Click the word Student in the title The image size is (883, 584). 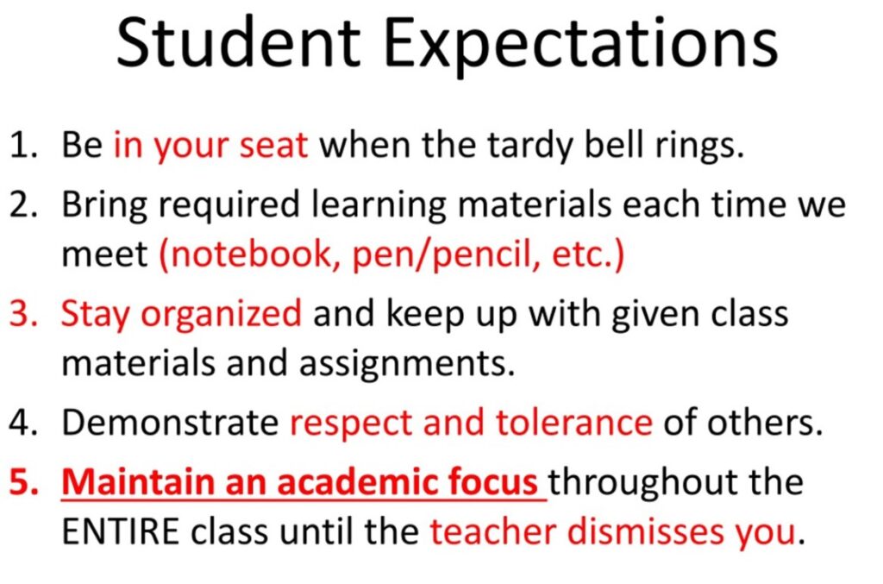tap(238, 44)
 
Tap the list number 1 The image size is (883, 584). tap(23, 146)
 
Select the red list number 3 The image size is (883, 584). tap(23, 314)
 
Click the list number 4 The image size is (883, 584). tap(23, 423)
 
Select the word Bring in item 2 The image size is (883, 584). tap(104, 206)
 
